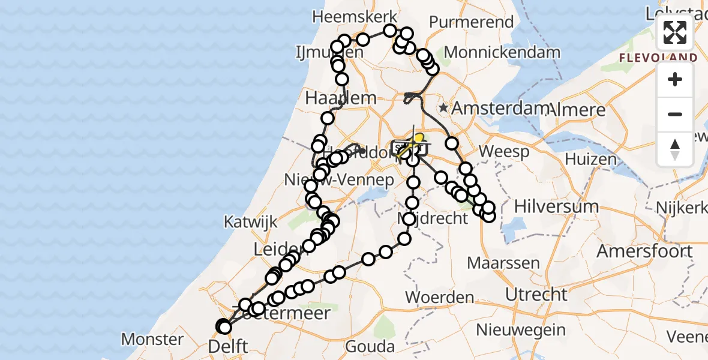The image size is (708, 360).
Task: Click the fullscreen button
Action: (675, 32)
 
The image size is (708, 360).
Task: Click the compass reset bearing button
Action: (675, 148)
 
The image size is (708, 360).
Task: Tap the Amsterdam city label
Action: (500, 109)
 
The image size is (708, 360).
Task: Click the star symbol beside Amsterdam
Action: (443, 108)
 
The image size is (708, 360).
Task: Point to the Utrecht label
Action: (536, 295)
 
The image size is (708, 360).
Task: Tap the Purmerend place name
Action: (471, 22)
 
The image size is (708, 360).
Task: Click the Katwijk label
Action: (250, 221)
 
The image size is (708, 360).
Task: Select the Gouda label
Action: (370, 347)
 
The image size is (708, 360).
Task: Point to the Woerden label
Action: (440, 297)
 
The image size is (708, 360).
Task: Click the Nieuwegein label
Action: (521, 329)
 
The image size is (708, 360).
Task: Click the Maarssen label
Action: (503, 263)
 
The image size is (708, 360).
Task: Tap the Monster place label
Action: (152, 340)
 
